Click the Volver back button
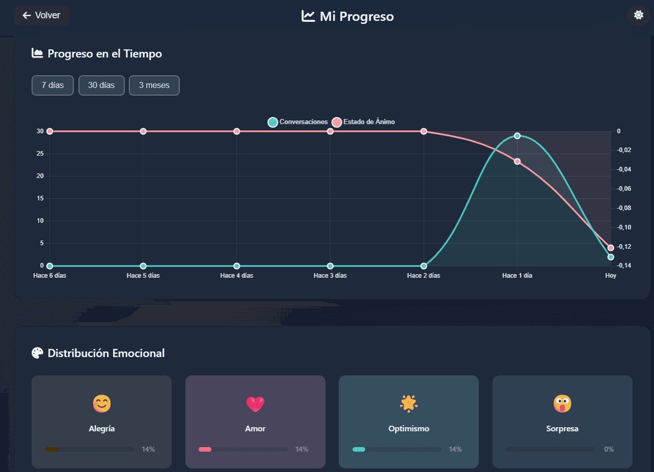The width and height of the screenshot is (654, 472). pyautogui.click(x=41, y=15)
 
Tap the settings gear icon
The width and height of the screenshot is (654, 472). pyautogui.click(x=638, y=15)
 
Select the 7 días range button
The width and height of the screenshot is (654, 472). pyautogui.click(x=52, y=85)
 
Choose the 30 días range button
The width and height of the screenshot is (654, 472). pyautogui.click(x=101, y=85)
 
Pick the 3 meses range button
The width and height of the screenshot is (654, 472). pyautogui.click(x=154, y=85)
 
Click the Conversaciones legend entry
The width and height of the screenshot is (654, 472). pyautogui.click(x=298, y=122)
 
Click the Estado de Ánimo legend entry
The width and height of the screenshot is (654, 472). pyautogui.click(x=364, y=122)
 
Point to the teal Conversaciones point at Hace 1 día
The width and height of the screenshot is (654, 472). pyautogui.click(x=517, y=136)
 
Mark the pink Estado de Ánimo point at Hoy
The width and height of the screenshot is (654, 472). pyautogui.click(x=611, y=248)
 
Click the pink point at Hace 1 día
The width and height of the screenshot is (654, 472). pyautogui.click(x=517, y=161)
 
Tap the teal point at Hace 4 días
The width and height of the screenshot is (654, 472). pyautogui.click(x=237, y=266)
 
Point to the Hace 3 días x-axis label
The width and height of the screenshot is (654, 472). pyautogui.click(x=330, y=276)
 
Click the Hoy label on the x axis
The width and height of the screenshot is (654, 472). pyautogui.click(x=611, y=276)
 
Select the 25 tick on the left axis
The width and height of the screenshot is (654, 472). pyautogui.click(x=40, y=154)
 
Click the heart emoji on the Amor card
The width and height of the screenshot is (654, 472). pyautogui.click(x=255, y=404)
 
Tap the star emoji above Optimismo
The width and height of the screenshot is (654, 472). pyautogui.click(x=408, y=403)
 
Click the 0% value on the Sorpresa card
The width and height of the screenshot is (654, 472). pyautogui.click(x=609, y=450)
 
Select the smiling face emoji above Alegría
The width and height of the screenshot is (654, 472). pyautogui.click(x=101, y=404)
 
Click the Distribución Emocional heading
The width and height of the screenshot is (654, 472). pyautogui.click(x=106, y=353)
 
